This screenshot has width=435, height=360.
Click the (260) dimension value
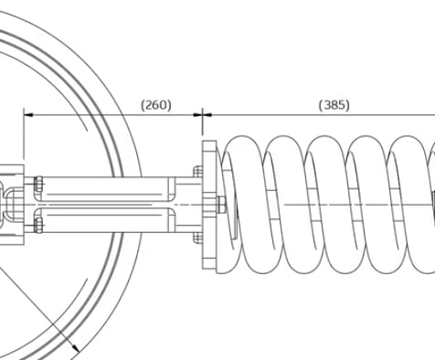(156, 105)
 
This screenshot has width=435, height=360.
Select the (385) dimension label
(334, 105)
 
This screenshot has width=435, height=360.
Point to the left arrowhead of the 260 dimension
(28, 115)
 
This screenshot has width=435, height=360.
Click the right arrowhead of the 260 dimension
(198, 115)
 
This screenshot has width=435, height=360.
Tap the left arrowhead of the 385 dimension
(207, 115)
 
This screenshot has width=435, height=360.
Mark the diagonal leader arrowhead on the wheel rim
(75, 348)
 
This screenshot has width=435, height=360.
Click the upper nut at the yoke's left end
(38, 185)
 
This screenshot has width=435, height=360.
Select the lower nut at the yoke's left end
(38, 226)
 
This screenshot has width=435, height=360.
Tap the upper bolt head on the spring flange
(198, 172)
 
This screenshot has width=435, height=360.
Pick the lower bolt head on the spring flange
(198, 238)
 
